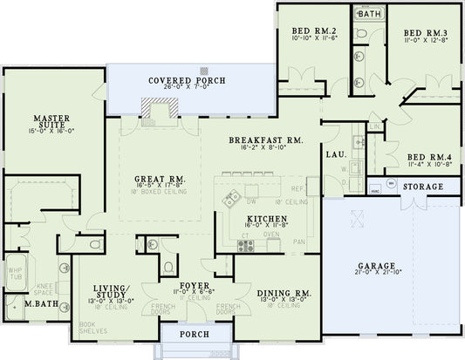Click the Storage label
pyautogui.click(x=423, y=187)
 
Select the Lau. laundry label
pyautogui.click(x=335, y=154)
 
